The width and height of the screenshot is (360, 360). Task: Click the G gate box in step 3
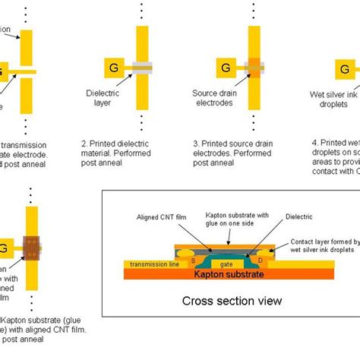pyautogui.click(x=226, y=68)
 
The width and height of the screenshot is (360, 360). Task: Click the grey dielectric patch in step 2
pyautogui.click(x=141, y=68)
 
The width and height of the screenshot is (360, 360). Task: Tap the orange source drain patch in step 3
pyautogui.click(x=254, y=68)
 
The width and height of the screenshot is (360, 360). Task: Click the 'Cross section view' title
pyautogui.click(x=232, y=302)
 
